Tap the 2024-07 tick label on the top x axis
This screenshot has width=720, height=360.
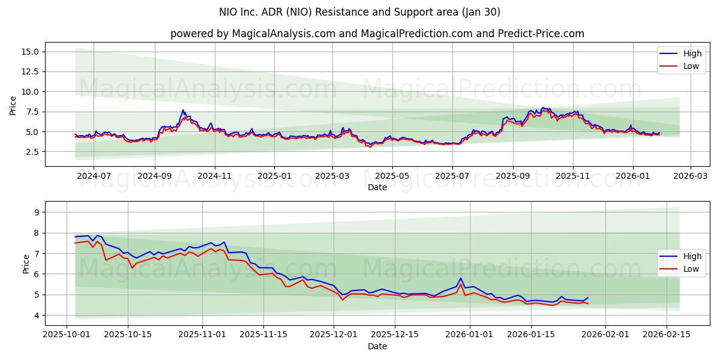coord(94,176)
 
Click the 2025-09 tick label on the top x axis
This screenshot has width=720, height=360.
coord(513,176)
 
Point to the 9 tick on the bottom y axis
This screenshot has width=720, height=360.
coord(36,212)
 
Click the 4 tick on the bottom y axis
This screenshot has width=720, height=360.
coord(36,316)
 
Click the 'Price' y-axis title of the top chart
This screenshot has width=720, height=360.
coord(13,106)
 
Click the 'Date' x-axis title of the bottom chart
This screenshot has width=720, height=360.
coord(377,347)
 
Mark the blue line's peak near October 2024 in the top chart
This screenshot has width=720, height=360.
coord(183,110)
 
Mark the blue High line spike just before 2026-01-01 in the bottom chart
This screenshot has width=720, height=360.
coord(460,278)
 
